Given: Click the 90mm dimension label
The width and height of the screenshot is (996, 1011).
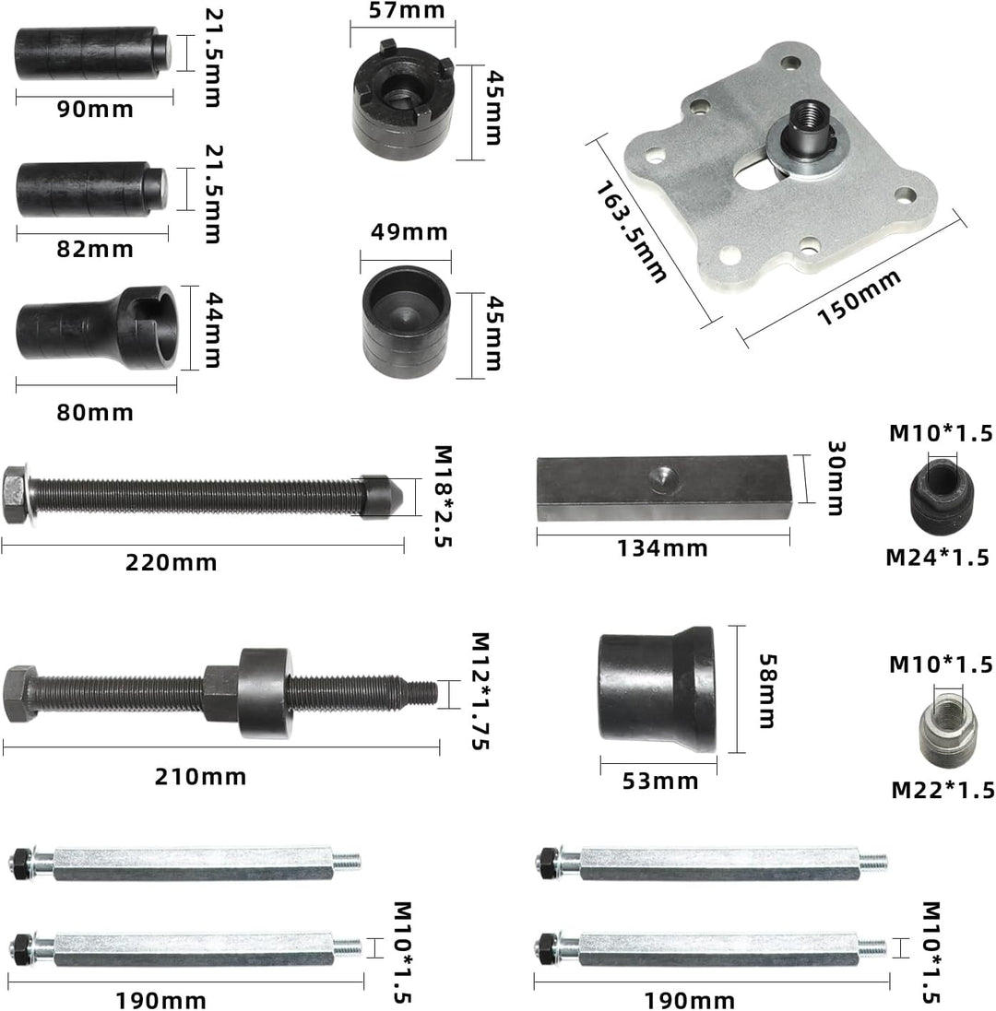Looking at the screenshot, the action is [96, 109].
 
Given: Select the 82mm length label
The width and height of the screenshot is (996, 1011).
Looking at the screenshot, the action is [95, 249].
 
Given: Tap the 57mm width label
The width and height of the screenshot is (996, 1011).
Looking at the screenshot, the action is [407, 10].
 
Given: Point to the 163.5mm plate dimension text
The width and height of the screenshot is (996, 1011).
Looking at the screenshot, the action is [630, 232].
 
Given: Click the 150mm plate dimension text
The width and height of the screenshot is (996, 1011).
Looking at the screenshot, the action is [859, 298].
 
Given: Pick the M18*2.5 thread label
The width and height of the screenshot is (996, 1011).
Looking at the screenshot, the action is [443, 496].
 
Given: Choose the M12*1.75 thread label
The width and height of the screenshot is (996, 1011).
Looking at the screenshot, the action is [480, 691].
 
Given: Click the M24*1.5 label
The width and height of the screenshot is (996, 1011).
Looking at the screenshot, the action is [937, 557].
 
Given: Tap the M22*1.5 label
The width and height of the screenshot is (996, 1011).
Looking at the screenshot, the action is [943, 790].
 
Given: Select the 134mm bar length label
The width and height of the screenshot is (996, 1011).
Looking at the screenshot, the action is [662, 548].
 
